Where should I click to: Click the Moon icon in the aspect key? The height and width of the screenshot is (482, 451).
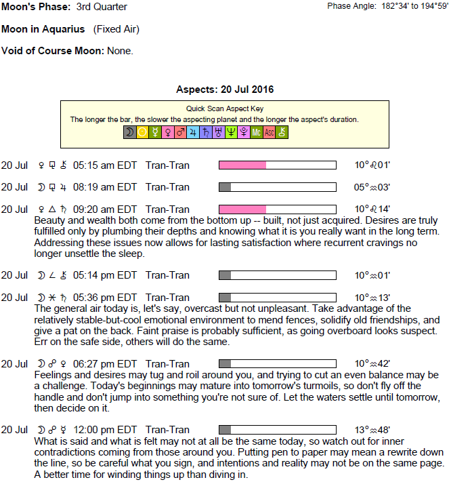(129, 133)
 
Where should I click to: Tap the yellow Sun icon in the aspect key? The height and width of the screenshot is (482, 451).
(142, 133)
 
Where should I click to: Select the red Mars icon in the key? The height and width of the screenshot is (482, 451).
(180, 133)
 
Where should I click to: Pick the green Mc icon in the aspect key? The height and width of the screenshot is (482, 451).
(256, 133)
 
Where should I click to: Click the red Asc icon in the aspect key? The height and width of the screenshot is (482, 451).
(269, 133)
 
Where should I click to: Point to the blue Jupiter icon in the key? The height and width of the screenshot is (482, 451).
(193, 133)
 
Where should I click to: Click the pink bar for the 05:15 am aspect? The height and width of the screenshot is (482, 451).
(242, 165)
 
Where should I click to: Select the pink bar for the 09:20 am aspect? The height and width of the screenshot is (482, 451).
(242, 209)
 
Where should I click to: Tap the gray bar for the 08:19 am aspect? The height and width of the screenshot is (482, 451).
(225, 187)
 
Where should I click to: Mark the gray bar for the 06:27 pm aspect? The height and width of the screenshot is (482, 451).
(225, 364)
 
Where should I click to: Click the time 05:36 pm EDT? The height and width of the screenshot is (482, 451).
(105, 298)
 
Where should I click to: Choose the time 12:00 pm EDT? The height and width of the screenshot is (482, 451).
(105, 430)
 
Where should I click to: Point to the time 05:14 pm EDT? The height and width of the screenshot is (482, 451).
(105, 275)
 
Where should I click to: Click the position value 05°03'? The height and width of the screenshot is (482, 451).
(372, 187)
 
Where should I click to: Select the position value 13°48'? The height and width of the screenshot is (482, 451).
(372, 430)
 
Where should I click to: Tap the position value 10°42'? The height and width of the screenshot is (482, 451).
(372, 364)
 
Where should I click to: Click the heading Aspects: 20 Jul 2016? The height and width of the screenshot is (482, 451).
(225, 89)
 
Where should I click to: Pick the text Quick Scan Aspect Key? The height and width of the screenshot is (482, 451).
(225, 108)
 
